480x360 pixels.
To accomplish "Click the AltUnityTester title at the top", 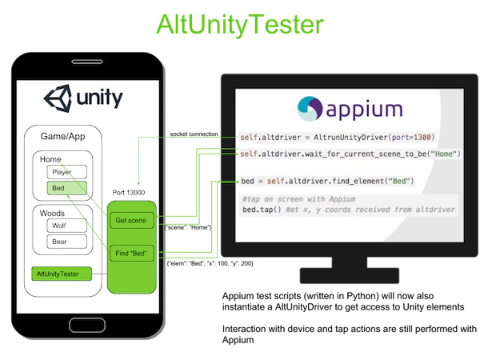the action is pos(240,25).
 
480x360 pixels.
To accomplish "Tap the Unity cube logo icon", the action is pos(58,98).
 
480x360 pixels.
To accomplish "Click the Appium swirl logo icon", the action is pos(310,109).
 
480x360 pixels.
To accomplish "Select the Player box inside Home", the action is pos(66,172).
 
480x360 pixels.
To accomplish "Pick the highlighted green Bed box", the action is pos(66,188).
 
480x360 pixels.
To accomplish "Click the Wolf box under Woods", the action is pos(66,226).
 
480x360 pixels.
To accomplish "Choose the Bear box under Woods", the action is pos(66,242).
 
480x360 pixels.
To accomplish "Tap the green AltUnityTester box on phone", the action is pos(62,274).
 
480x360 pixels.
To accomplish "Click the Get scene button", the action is pos(132,221).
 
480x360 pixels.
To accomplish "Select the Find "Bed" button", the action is pos(132,253).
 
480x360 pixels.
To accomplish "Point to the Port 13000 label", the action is pos(129,193).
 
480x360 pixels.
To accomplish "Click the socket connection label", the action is pos(194,134).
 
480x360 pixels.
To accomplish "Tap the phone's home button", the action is pos(87,325).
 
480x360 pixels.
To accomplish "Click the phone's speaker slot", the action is pos(87,62).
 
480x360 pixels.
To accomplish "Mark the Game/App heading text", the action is pos(62,136).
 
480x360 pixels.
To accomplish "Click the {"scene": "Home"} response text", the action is pos(188,227).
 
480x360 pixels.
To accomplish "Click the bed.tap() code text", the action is pos(262,210).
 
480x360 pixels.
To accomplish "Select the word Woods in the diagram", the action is pos(52,213).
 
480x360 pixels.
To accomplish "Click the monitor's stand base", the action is pos(350,275).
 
